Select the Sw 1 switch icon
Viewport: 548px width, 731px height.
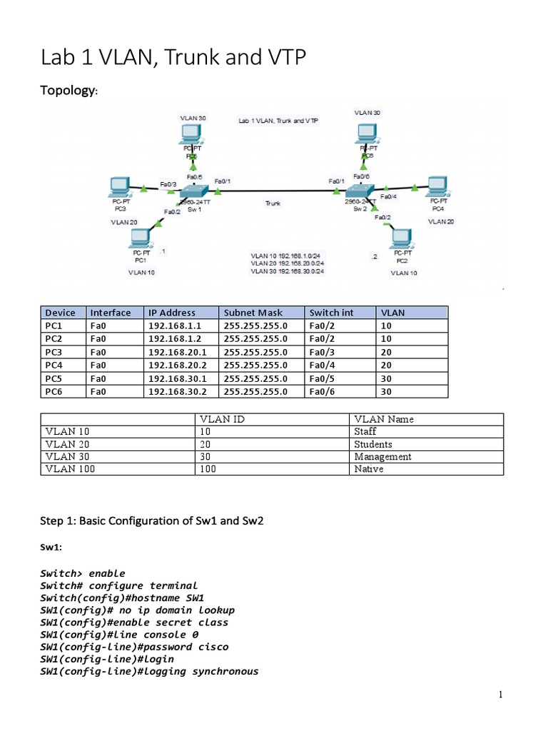click(193, 191)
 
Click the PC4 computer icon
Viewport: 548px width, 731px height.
click(437, 187)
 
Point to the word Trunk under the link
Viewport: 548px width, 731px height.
click(273, 203)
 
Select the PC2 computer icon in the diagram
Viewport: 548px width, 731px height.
click(402, 238)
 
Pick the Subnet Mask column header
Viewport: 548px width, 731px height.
click(253, 313)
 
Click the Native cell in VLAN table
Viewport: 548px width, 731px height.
click(368, 469)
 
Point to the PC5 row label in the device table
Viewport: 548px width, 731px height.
click(54, 378)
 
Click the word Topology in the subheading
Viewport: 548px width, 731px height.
click(69, 91)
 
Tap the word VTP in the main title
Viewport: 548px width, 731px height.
click(280, 57)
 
